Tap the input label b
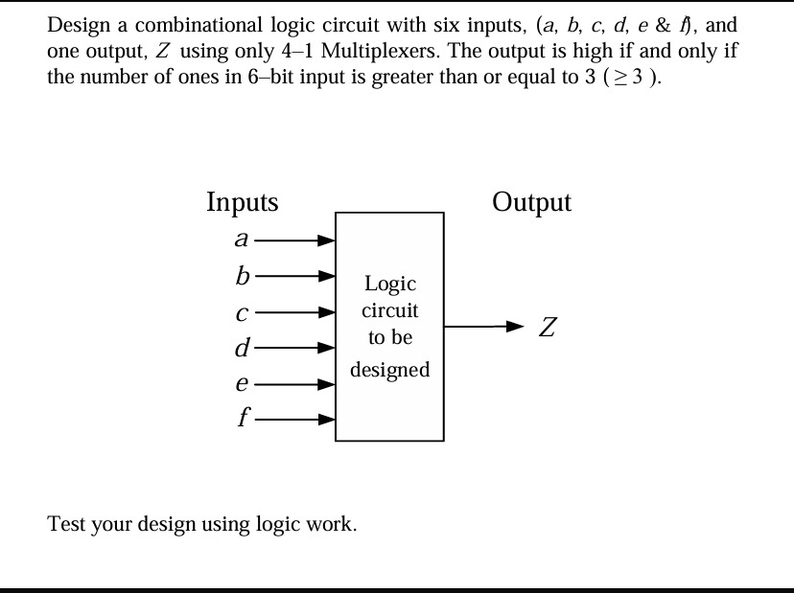pos(242,276)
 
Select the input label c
pos(243,312)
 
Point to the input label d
pos(242,347)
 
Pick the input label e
pos(243,384)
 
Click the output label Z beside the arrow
pos(547,328)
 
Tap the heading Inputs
pos(243,202)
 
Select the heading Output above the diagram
pos(531,202)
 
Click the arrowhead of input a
pos(328,241)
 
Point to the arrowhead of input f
pos(328,419)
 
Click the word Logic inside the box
pos(389,284)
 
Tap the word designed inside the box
pos(389,370)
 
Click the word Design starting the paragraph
pos(77,25)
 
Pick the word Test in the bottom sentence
pos(65,524)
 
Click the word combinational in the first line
pos(188,25)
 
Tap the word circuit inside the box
pos(389,311)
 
